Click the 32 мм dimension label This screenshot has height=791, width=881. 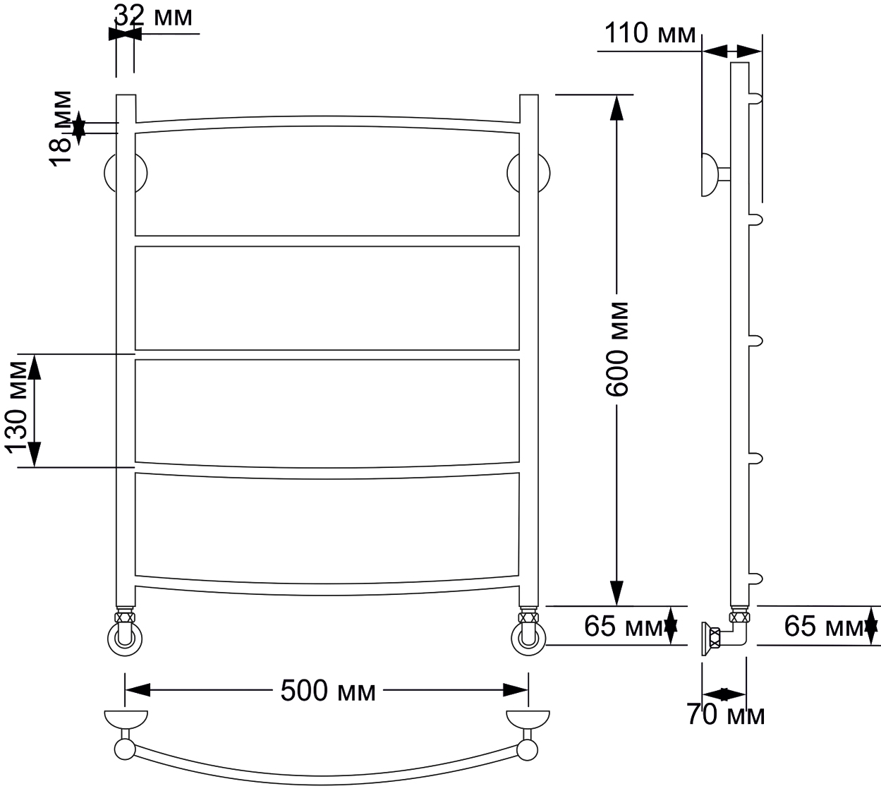(x=154, y=17)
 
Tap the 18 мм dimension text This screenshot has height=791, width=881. (x=61, y=128)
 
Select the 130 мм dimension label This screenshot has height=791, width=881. (x=16, y=408)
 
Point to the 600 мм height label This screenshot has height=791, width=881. (x=617, y=349)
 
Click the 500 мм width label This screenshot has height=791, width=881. (x=328, y=691)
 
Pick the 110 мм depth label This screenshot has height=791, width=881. (x=650, y=33)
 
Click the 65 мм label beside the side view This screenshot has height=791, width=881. (x=824, y=627)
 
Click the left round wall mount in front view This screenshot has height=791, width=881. (x=126, y=173)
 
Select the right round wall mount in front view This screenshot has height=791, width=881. (x=528, y=173)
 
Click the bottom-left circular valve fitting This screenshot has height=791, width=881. (x=125, y=639)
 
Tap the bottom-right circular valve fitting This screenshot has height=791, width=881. (x=528, y=639)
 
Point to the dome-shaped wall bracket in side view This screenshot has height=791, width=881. (x=710, y=175)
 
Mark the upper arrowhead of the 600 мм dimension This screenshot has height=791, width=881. (x=616, y=109)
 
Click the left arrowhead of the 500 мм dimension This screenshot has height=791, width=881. (x=138, y=690)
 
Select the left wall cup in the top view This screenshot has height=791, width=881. (x=126, y=720)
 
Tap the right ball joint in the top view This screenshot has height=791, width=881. (x=528, y=751)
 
